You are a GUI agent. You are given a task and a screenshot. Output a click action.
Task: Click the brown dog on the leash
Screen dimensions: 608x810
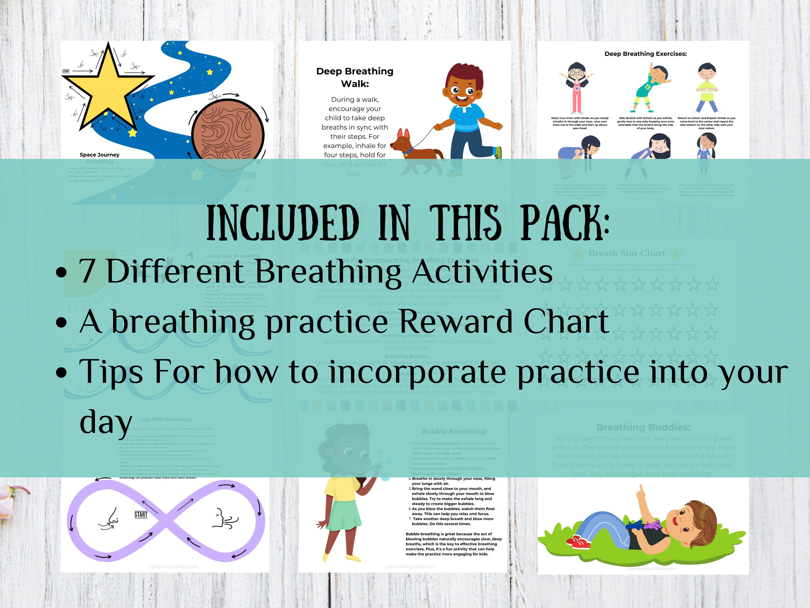coord(412,147)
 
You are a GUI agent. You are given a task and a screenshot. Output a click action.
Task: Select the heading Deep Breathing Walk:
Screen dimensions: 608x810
coord(355,77)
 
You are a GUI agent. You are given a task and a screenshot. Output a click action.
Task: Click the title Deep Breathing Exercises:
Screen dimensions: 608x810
coord(645,54)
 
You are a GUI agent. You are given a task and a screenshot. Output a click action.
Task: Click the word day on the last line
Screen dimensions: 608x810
coord(106,422)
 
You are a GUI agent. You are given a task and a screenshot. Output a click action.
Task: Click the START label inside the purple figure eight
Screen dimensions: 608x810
coord(141,515)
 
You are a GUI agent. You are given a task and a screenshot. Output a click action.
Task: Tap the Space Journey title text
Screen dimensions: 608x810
coord(99,155)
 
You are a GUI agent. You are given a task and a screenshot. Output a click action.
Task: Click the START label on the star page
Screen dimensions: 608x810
coord(66,71)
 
